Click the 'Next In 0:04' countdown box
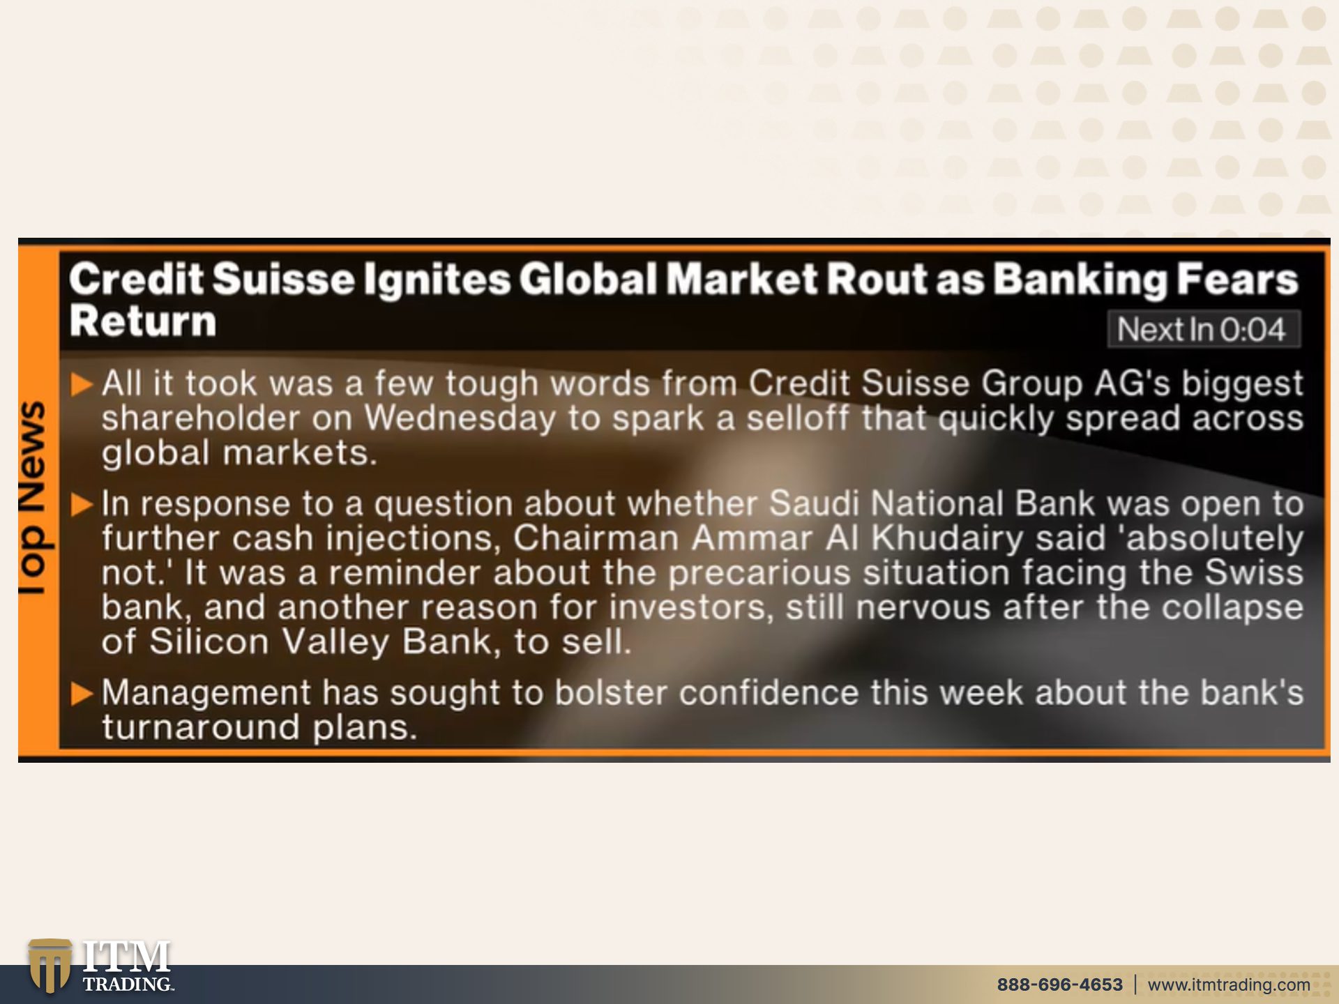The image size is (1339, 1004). [1203, 329]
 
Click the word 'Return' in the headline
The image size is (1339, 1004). [143, 321]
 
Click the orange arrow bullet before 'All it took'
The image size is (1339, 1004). [82, 384]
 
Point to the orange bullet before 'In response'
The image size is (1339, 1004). [82, 504]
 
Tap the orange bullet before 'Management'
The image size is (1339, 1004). [82, 693]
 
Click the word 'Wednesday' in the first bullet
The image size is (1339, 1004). [460, 418]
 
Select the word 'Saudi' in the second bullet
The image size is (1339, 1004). [817, 503]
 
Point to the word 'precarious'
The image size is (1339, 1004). [759, 573]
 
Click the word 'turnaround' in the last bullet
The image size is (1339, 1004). [201, 727]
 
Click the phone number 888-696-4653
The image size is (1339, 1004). [1059, 984]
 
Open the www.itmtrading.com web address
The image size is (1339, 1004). [1229, 984]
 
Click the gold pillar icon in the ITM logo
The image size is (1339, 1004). [50, 965]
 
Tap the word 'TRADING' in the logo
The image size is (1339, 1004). [128, 984]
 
